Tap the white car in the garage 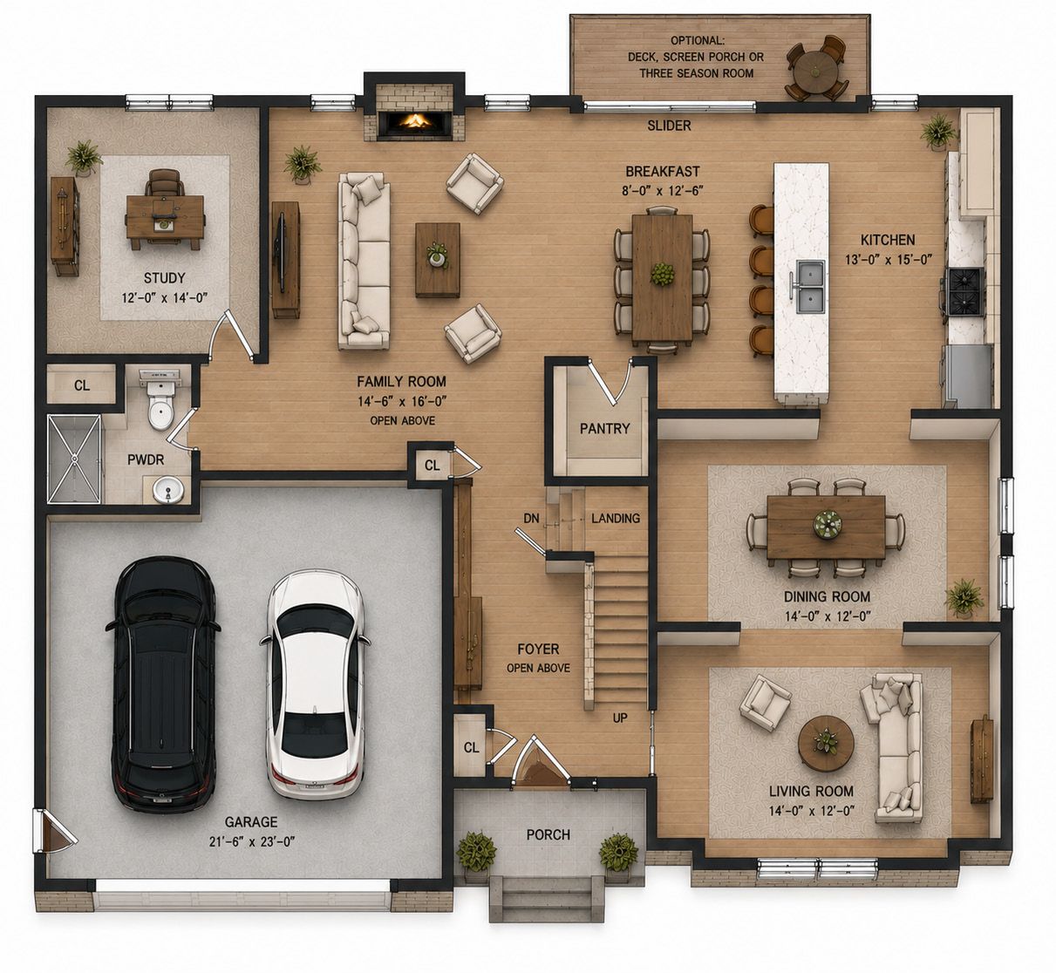tap(315, 684)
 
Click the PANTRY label tap(605, 429)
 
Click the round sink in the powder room tap(168, 490)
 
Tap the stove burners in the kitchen tap(965, 292)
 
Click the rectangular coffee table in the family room tap(438, 260)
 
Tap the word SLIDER tap(669, 126)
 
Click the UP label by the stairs tap(620, 718)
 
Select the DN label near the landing tap(531, 519)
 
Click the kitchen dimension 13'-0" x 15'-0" tap(889, 259)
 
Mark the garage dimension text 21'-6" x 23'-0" tap(251, 841)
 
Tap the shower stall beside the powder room tap(74, 459)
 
